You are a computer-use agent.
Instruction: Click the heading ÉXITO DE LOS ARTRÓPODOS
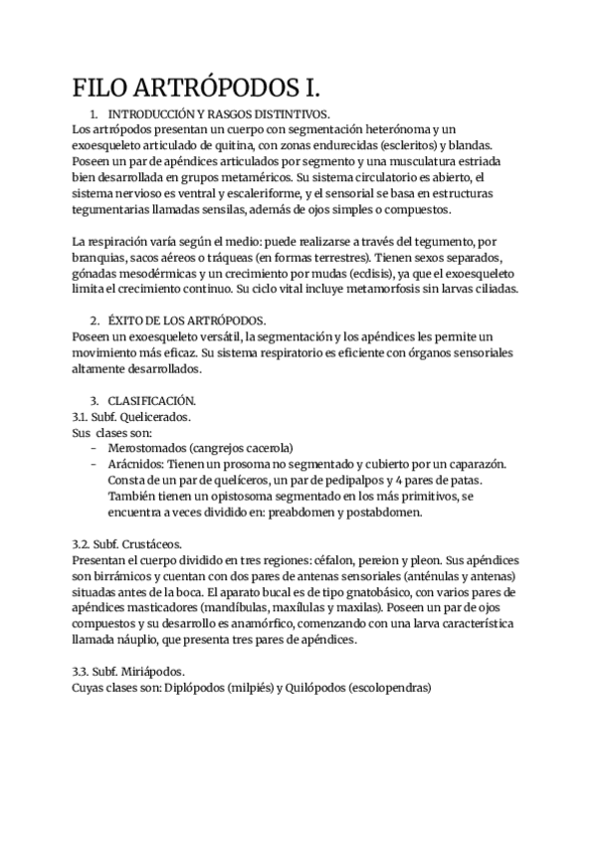click(x=186, y=320)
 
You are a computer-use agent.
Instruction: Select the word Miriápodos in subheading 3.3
click(x=146, y=672)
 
